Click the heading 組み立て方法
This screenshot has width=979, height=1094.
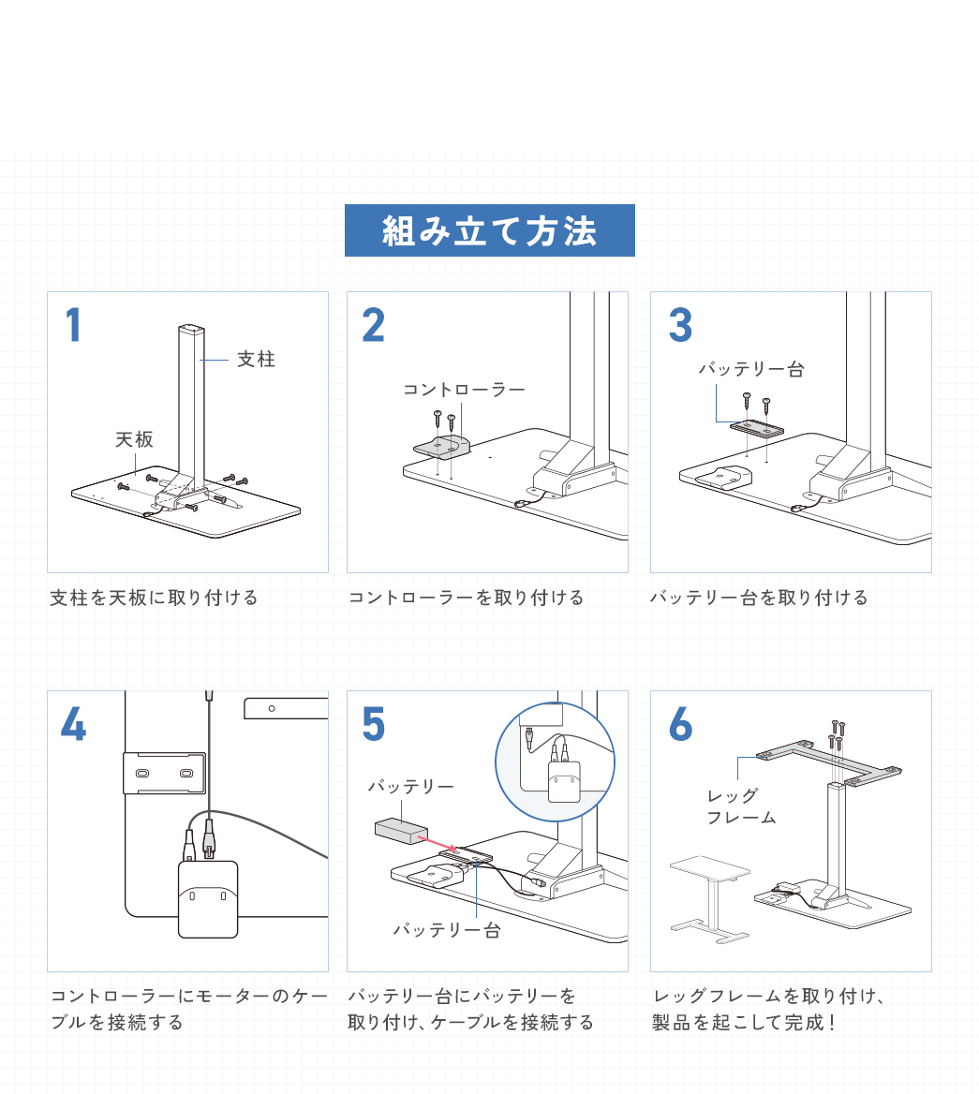(489, 230)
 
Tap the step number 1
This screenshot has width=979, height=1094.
(73, 326)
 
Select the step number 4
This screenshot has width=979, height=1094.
(73, 724)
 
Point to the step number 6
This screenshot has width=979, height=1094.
(680, 724)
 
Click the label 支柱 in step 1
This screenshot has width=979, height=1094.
(256, 360)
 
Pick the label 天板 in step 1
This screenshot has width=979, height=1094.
(134, 439)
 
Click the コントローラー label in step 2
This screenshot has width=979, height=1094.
(464, 390)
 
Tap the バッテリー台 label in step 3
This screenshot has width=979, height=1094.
(750, 370)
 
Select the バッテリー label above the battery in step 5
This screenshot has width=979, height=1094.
(410, 787)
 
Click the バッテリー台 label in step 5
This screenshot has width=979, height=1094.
(446, 930)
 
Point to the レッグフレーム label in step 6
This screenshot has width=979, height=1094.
(740, 806)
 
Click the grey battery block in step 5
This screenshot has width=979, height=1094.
(401, 831)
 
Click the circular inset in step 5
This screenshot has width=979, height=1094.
(555, 761)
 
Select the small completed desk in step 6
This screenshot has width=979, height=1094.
(710, 894)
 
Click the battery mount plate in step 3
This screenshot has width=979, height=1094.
(756, 427)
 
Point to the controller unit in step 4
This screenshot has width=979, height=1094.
(208, 898)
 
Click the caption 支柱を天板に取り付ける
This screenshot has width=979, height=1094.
(154, 598)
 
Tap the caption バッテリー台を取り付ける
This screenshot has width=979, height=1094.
(759, 598)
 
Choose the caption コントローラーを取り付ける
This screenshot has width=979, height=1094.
(466, 598)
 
